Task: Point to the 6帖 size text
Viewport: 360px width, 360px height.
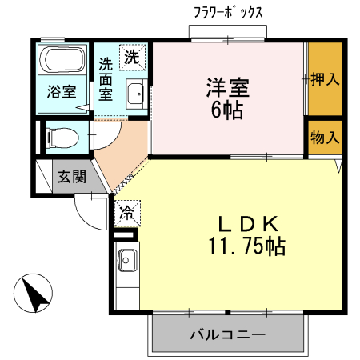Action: point(228,109)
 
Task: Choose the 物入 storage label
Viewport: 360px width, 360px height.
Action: point(325,137)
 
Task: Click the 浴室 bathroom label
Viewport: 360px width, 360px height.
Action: point(61,91)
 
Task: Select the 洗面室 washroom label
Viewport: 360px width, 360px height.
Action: point(106,78)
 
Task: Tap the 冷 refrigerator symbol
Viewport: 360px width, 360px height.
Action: point(126,212)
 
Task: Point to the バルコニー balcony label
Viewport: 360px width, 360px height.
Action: point(228,334)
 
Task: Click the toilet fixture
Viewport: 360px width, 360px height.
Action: point(62,138)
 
